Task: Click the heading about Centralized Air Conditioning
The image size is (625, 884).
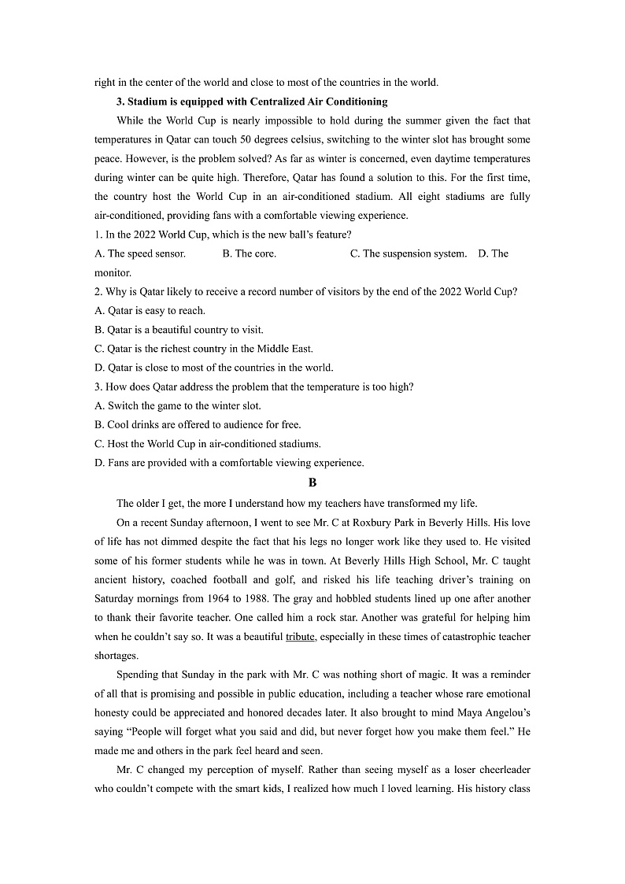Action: coord(252,102)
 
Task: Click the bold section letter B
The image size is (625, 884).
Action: coord(312,483)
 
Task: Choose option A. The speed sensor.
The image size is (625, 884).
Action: coord(140,253)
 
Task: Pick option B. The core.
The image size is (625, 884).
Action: coord(250,253)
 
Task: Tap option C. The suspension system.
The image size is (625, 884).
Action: coord(409,253)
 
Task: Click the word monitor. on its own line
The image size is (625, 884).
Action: coord(113,272)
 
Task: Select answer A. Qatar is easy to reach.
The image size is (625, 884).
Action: coord(150,310)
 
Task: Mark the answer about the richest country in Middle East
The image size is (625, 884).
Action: coord(203,349)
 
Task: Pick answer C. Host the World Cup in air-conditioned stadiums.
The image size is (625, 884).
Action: coord(208,444)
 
